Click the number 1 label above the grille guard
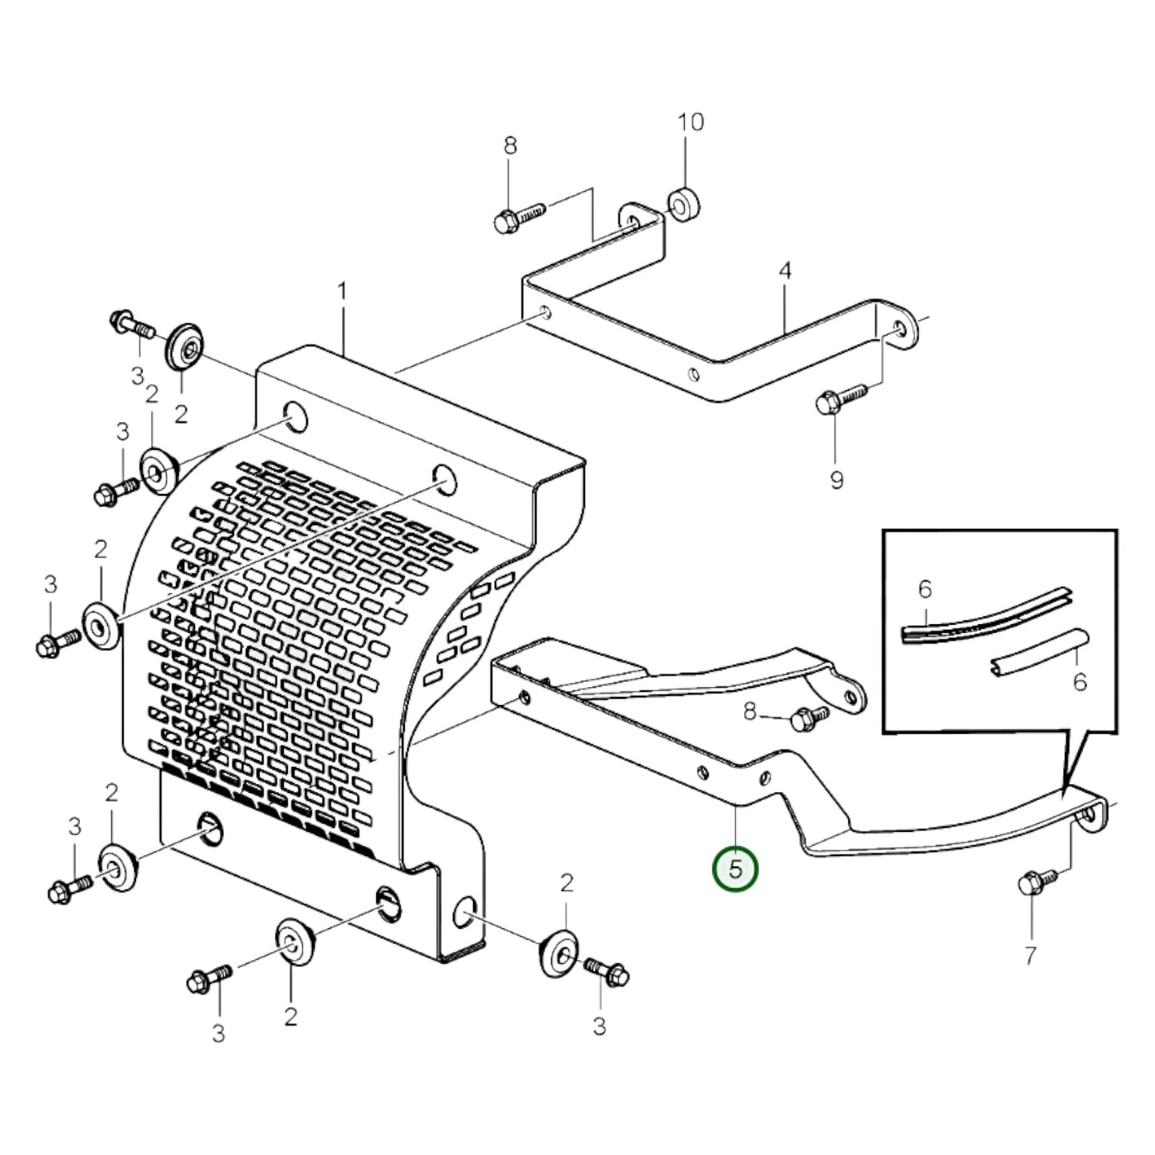[x=342, y=292]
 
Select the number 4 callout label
[x=785, y=271]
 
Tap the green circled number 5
[x=735, y=869]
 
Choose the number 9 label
[x=836, y=480]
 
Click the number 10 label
[x=691, y=122]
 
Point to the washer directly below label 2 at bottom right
[x=560, y=951]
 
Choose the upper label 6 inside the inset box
[x=925, y=590]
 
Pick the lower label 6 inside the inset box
[x=1079, y=683]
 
